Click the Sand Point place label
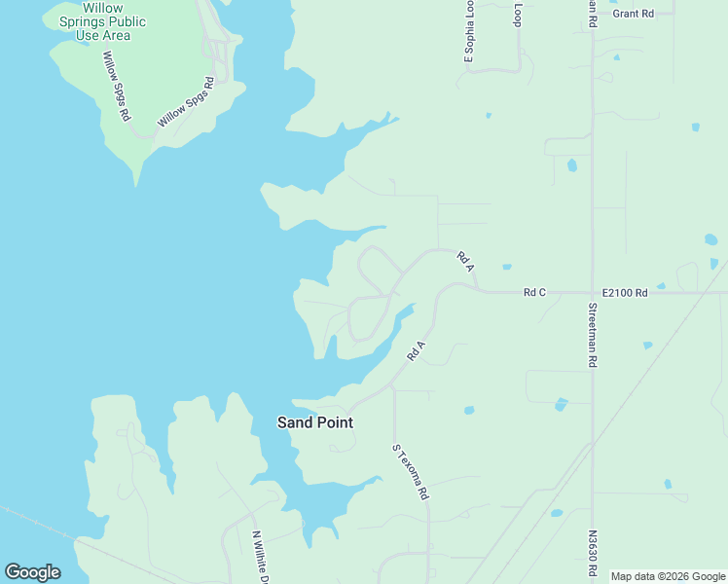coord(314,422)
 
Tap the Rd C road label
coord(534,292)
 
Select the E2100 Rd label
coord(625,292)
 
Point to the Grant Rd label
coord(633,14)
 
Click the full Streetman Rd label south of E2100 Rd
coord(592,335)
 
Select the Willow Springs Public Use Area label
coord(101,21)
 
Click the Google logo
coord(32,572)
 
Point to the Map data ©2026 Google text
coord(668,576)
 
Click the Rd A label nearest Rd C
coord(465,262)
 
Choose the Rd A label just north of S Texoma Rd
coord(417,350)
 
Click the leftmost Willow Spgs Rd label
coord(117,86)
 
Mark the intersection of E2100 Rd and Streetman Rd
coord(592,292)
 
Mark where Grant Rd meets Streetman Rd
coord(592,14)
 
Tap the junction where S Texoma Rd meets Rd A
coord(393,385)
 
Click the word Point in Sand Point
coord(334,422)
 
